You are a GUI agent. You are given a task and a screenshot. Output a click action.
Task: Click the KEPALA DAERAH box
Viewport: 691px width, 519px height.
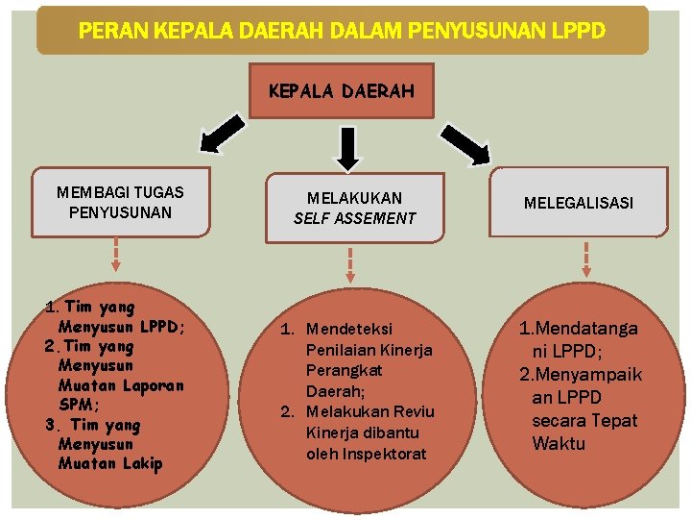[x=341, y=91]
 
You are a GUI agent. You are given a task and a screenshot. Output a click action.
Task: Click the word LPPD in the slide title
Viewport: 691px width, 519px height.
[x=579, y=31]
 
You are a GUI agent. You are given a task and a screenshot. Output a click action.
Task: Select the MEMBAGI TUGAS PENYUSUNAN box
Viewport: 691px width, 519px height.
[x=120, y=202]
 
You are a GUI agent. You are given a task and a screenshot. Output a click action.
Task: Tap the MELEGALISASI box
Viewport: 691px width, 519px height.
[x=578, y=203]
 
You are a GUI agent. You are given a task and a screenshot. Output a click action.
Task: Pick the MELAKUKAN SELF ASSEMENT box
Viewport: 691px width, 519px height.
[x=354, y=208]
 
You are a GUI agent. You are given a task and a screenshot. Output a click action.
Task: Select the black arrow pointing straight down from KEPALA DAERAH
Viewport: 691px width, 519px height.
[x=349, y=147]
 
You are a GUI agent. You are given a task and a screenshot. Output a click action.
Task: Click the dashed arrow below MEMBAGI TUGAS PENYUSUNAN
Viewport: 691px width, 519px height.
[x=116, y=255]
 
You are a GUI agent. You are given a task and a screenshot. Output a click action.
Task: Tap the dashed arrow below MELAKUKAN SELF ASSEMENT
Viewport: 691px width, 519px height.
[x=351, y=264]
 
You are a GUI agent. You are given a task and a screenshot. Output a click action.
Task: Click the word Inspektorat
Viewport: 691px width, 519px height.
[x=390, y=454]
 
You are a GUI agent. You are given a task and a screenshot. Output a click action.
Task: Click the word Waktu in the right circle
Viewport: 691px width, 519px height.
[x=559, y=444]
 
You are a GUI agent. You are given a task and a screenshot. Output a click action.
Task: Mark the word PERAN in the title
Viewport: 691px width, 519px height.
[x=107, y=31]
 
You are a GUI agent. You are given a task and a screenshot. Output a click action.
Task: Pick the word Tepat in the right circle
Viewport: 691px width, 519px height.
[x=613, y=421]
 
